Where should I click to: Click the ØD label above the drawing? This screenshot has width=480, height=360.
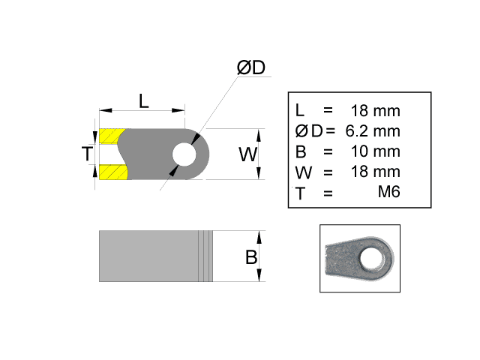point(251,67)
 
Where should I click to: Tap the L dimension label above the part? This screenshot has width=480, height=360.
point(143,100)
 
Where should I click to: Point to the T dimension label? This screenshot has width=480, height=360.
point(88,154)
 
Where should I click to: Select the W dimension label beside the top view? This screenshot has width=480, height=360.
point(248,155)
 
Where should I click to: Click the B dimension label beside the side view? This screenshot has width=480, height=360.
point(251,257)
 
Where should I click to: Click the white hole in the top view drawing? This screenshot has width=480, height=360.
point(182,154)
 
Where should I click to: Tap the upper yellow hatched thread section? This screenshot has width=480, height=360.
point(112,136)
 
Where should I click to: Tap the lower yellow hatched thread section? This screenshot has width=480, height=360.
point(112,172)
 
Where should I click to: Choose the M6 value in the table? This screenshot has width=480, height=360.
point(388,192)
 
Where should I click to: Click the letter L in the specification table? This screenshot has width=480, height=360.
point(300,111)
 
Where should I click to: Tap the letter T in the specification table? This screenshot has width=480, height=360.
point(301,193)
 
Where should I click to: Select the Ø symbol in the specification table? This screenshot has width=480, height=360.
point(301,131)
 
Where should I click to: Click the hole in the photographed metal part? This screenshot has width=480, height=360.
point(369,259)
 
